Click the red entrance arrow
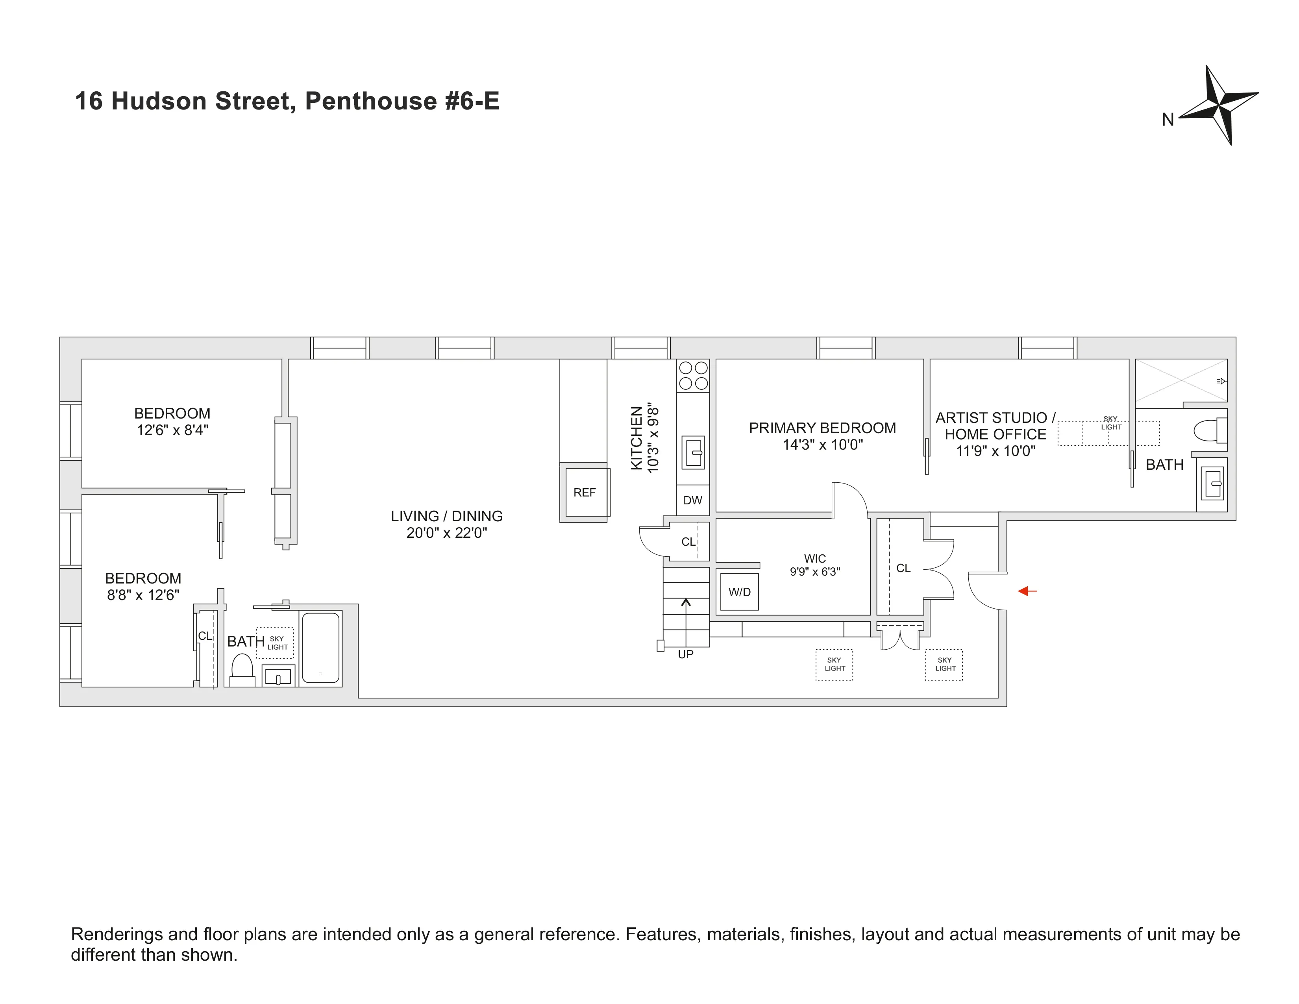point(1027,591)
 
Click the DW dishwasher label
point(692,500)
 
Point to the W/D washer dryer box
point(739,592)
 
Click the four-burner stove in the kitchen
point(693,375)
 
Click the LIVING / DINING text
point(447,516)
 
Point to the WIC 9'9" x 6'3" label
point(815,565)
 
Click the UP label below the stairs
point(685,654)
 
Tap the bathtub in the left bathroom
point(320,648)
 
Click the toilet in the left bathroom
point(242,669)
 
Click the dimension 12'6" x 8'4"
point(172,430)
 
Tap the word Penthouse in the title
point(370,101)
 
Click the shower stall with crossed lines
point(1180,381)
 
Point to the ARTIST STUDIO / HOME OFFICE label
point(995,426)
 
